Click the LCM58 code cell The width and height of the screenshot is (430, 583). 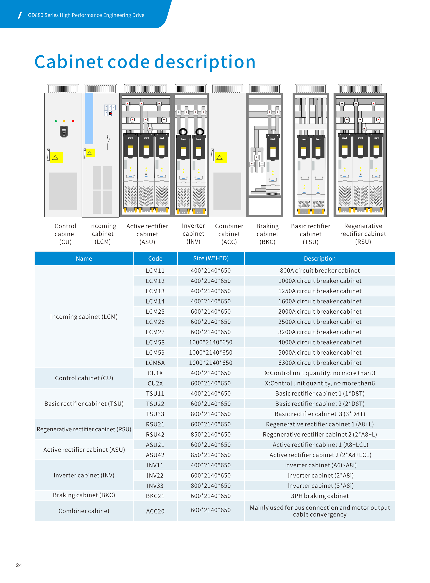pos(155,342)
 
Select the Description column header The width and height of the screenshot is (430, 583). pos(320,259)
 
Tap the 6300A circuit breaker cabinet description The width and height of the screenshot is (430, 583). pos(320,363)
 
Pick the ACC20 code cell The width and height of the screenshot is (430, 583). pos(155,511)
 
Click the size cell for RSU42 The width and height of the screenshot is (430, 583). pos(211,434)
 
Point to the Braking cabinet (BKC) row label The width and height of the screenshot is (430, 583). pos(84,495)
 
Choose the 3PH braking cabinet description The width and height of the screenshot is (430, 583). pos(320,496)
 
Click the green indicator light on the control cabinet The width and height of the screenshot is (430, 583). pos(56,121)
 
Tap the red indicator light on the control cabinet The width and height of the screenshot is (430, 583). pos(73,121)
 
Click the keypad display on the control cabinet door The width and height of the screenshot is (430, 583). pos(64,131)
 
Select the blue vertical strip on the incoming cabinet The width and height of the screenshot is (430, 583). pos(89,118)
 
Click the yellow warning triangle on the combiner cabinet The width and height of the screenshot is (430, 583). pos(219,158)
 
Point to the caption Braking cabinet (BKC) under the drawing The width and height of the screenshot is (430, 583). pos(267,234)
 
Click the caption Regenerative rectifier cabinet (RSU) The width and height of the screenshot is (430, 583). pos(363,234)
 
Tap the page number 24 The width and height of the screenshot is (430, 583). pos(19,565)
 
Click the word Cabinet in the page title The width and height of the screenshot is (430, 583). pos(69,62)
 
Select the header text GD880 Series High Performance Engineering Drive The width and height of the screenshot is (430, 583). pos(86,15)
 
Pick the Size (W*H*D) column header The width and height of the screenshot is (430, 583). pos(211,258)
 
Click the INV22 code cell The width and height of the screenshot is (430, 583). pos(155,476)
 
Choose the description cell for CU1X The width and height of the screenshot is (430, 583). pos(320,373)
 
